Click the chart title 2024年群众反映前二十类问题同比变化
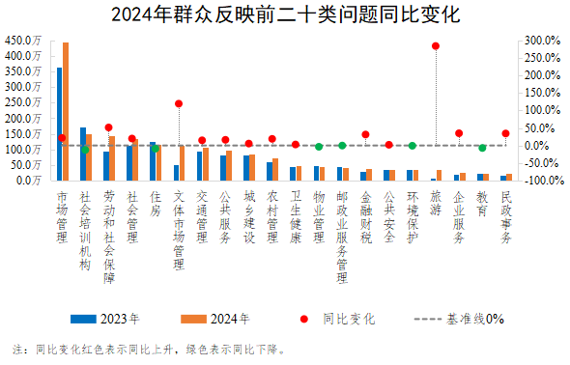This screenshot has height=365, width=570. pyautogui.click(x=285, y=15)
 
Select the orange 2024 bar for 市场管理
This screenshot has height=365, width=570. pyautogui.click(x=66, y=111)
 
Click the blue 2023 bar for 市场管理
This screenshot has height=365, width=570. pyautogui.click(x=59, y=124)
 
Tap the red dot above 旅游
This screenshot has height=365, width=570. pyautogui.click(x=436, y=45)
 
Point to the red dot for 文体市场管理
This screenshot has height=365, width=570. pyautogui.click(x=179, y=103)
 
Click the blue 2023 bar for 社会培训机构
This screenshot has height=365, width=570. pyautogui.click(x=82, y=154)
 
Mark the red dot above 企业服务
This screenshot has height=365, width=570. pyautogui.click(x=459, y=133)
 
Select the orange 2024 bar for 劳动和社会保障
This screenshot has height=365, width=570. pyautogui.click(x=112, y=158)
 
